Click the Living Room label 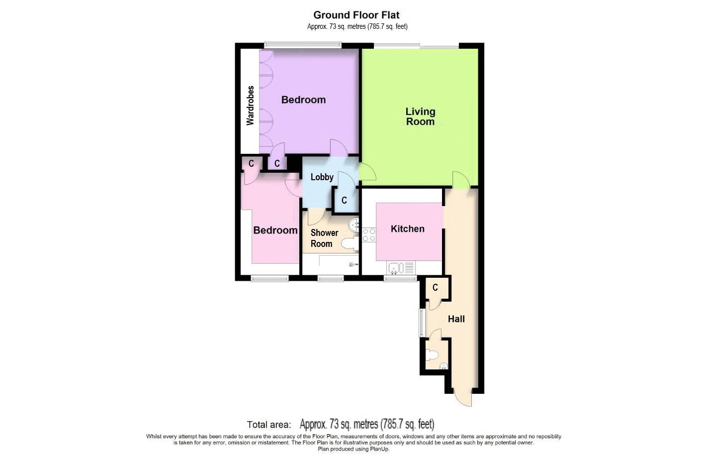tap(420, 116)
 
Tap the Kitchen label tap(408, 229)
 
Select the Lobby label tap(322, 177)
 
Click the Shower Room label tap(324, 238)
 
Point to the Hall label tap(456, 319)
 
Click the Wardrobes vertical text tap(250, 106)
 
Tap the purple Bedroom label tap(303, 100)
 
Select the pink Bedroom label tap(275, 230)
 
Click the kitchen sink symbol tap(396, 268)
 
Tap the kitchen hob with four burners tap(369, 234)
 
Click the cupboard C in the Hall tap(436, 288)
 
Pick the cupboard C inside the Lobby tap(344, 201)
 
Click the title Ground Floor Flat tap(356, 15)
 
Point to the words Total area tap(268, 425)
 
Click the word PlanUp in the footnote tap(380, 449)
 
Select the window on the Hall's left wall tap(421, 322)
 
